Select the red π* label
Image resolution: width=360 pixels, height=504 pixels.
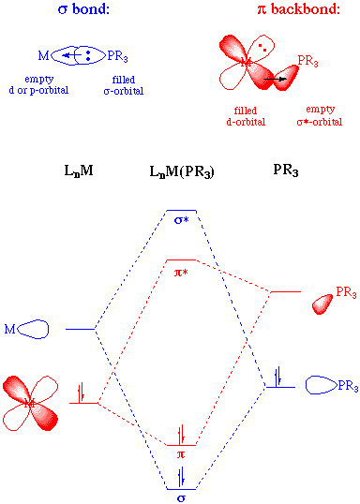coord(181,274)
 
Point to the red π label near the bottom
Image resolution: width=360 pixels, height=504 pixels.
coord(181,453)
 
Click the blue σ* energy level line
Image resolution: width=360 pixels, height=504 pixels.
coord(181,211)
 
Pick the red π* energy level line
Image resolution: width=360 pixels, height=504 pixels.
coord(181,259)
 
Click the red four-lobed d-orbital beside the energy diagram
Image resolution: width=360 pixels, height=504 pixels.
coord(29,403)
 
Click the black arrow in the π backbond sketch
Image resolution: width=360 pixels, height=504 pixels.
coord(274,81)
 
